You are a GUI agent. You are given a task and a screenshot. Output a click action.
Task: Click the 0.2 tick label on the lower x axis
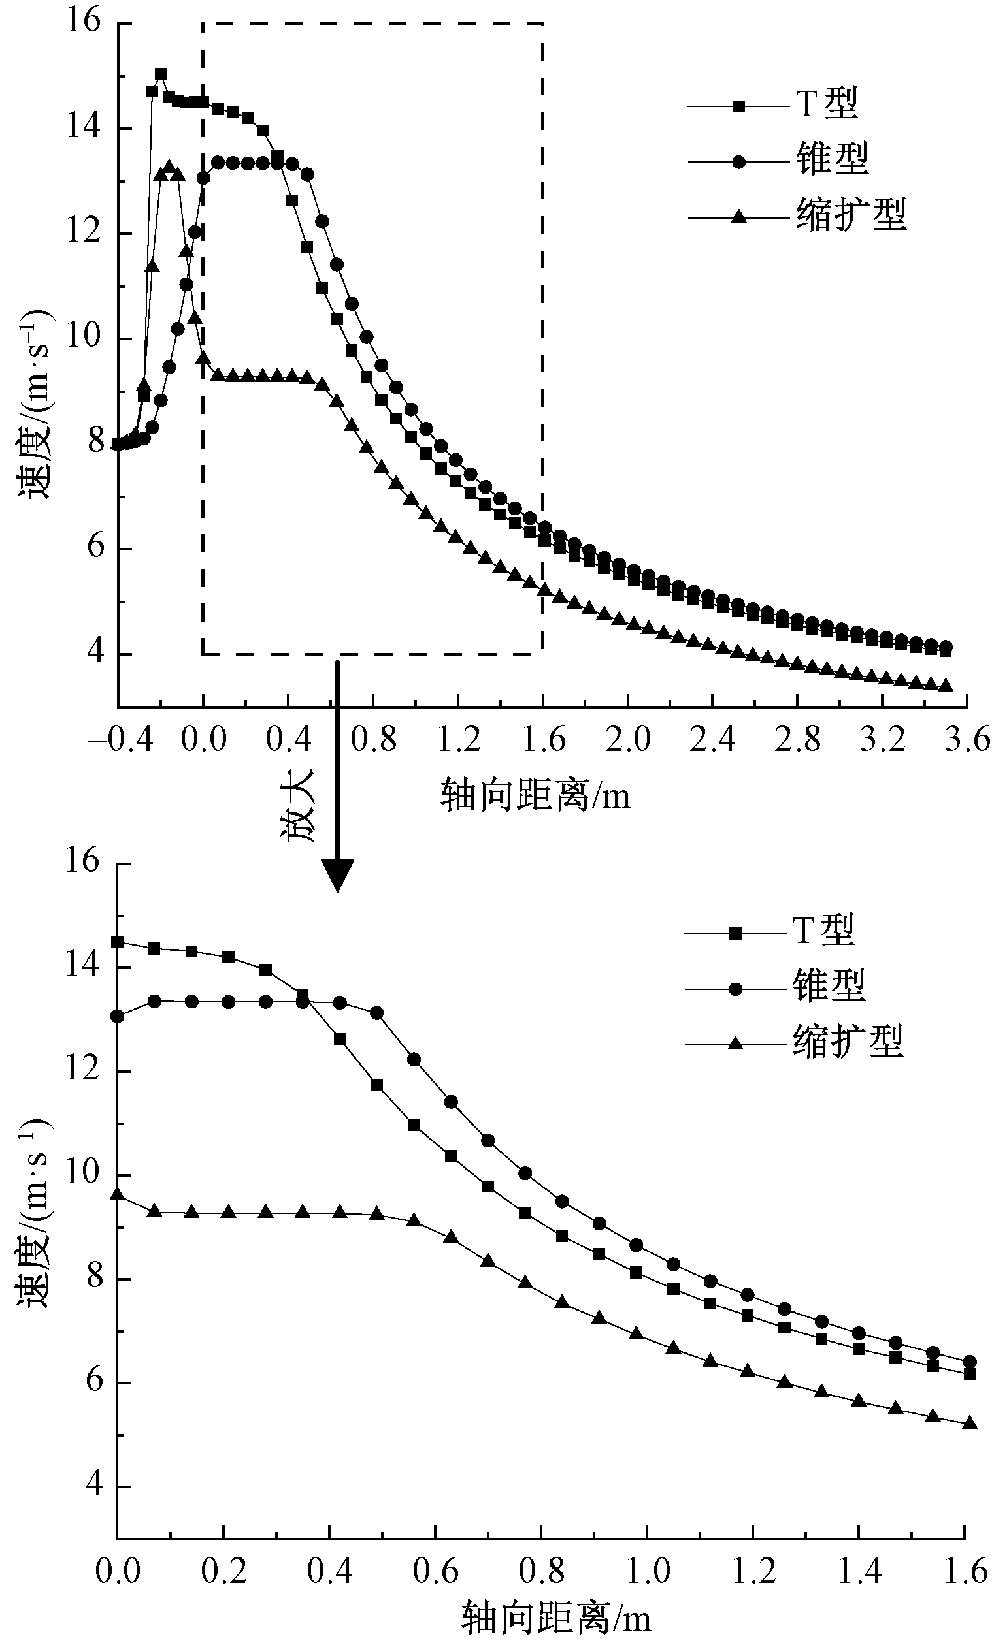click(x=223, y=1572)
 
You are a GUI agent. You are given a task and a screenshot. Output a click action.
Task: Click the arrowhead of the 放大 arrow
click(x=338, y=875)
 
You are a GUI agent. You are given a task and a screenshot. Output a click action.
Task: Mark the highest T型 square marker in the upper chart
click(x=161, y=74)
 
